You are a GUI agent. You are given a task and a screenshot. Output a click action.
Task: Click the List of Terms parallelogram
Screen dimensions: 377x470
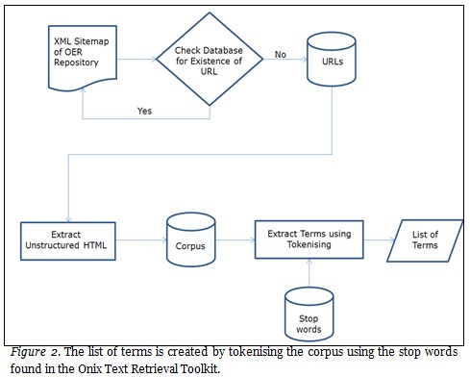click(x=420, y=239)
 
